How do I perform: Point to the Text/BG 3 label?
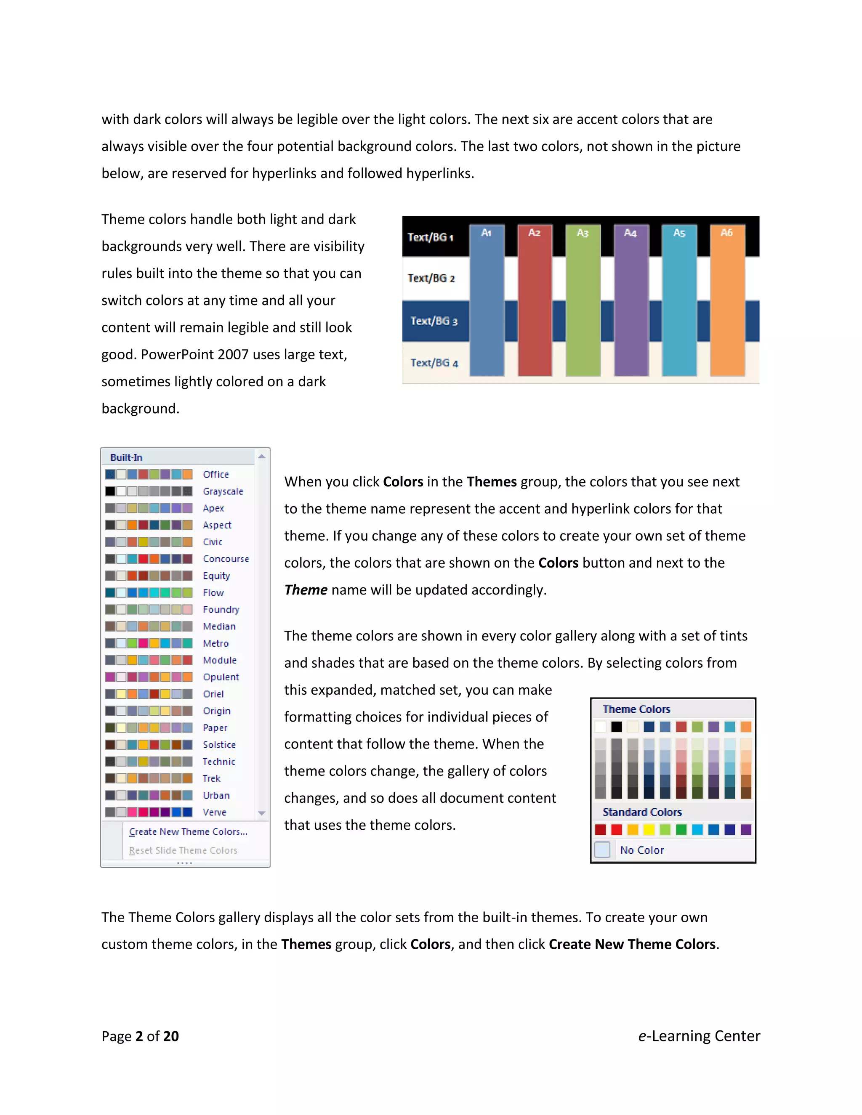[434, 321]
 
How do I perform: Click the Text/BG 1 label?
[430, 237]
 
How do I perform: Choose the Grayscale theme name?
[223, 491]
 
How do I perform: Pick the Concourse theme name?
[226, 559]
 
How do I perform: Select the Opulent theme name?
[221, 677]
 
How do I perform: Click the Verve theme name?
[215, 812]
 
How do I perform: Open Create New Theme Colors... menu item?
[188, 832]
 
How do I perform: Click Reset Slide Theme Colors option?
[183, 850]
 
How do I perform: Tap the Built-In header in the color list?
[126, 457]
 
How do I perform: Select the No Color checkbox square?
[603, 850]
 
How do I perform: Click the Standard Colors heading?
[642, 812]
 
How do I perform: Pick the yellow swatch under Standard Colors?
[649, 830]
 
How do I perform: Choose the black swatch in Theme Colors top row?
[617, 727]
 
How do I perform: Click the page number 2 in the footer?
[139, 1036]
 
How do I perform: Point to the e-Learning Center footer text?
[699, 1036]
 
